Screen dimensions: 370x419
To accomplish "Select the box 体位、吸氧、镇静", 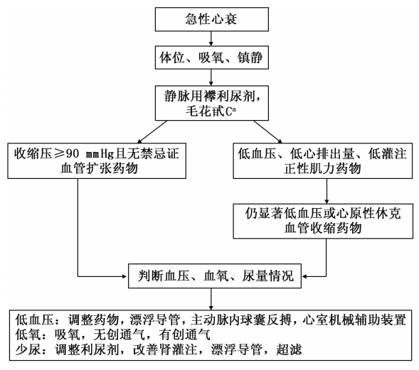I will tap(210, 54).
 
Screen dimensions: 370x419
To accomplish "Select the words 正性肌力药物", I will tap(326, 169).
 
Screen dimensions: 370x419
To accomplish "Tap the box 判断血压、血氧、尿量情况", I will tap(210, 272).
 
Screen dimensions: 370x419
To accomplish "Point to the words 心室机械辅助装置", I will tap(356, 319).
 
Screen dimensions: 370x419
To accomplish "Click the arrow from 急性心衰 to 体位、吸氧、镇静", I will tap(210, 36).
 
